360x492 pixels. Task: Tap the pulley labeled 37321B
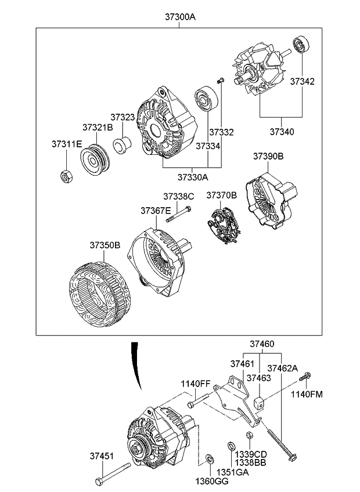tap(94, 160)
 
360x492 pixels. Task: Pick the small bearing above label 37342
tap(301, 44)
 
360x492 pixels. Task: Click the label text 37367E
tap(156, 211)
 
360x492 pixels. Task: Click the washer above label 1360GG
tap(208, 460)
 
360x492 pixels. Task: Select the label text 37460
tap(262, 344)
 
